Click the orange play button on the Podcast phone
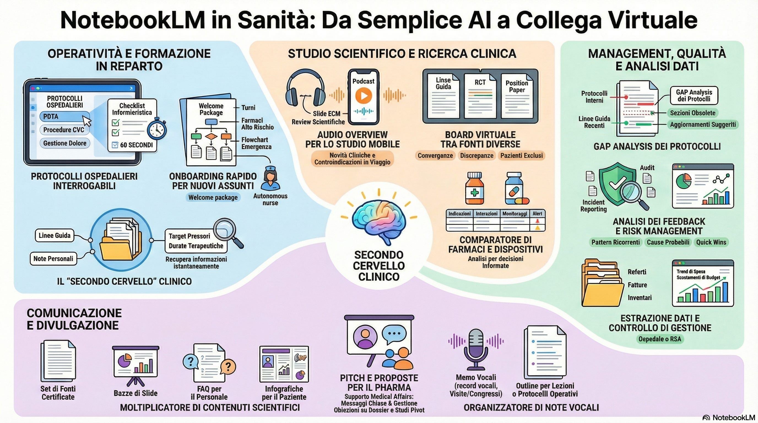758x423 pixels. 363,96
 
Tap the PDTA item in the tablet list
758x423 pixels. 64,116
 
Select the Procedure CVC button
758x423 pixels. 64,130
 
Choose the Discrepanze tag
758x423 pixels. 477,156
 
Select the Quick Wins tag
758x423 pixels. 711,242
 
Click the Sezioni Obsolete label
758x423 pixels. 693,113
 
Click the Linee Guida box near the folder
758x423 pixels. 55,236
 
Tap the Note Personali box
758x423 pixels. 53,259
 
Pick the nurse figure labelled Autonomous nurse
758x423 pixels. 270,178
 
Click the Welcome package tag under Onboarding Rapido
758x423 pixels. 213,197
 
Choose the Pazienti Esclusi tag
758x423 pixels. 521,156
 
